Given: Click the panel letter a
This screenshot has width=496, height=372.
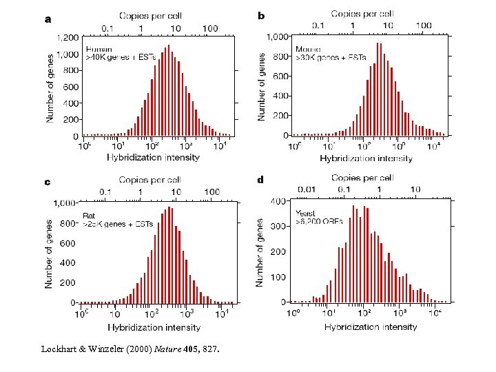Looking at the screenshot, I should coord(48,19).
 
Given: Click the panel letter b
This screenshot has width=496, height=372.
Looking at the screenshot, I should coord(261,15).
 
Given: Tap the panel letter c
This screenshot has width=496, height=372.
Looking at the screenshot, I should coord(47,183).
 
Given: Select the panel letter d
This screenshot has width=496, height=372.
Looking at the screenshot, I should coord(260,180).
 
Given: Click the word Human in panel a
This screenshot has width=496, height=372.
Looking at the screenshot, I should coord(98,49).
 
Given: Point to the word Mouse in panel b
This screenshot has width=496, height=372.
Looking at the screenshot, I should coord(308,50).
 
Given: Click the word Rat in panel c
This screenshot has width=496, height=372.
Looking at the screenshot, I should coord(90,216).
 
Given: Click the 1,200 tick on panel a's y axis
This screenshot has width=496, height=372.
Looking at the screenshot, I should coord(67,38).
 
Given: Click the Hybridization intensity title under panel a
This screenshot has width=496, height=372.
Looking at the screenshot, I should coord(153,157).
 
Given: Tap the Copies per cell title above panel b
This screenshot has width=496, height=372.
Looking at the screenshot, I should coord(362,13).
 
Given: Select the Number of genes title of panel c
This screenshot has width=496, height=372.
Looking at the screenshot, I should coord(50,254).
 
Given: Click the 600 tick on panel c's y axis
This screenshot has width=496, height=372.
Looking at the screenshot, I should coord(68,243).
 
